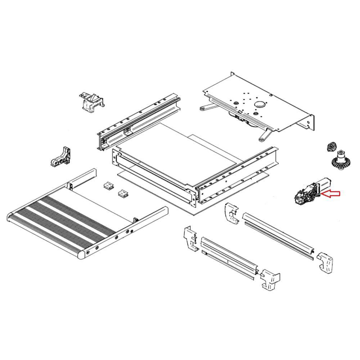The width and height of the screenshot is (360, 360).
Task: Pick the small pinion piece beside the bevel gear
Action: [x=331, y=147]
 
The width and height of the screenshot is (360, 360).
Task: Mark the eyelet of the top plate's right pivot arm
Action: [x=260, y=138]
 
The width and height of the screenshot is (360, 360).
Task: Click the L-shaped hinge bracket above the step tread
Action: [x=62, y=157]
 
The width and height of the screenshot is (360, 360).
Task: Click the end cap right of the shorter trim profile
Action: [x=270, y=279]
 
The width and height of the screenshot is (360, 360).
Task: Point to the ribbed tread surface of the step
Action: [x=61, y=220]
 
